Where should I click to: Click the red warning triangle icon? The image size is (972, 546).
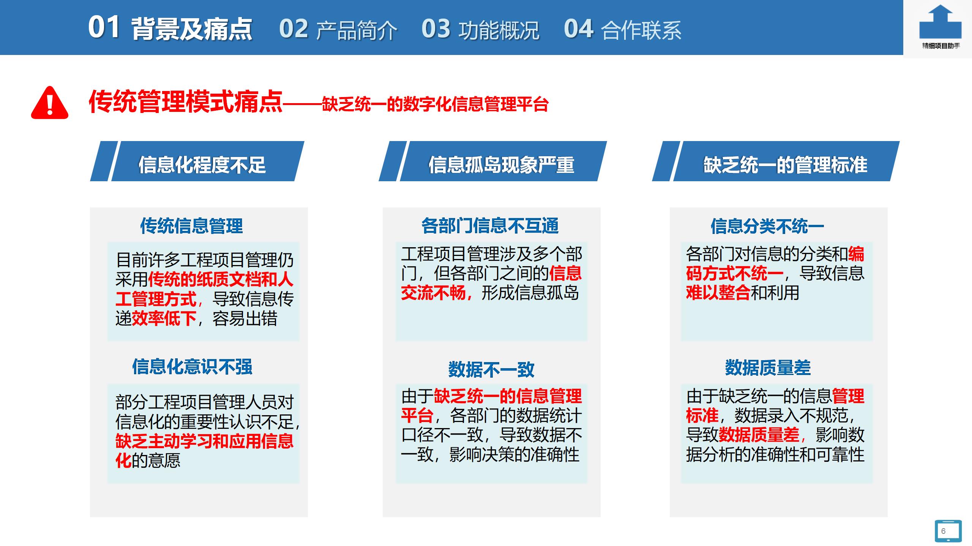pyautogui.click(x=50, y=103)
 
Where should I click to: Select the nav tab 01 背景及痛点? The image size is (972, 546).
pyautogui.click(x=170, y=28)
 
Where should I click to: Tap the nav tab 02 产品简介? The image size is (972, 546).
pyautogui.click(x=338, y=29)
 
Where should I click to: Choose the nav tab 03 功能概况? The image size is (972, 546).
pyautogui.click(x=480, y=29)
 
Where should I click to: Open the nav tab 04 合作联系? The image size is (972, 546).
pyautogui.click(x=623, y=29)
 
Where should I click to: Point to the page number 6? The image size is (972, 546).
pyautogui.click(x=944, y=531)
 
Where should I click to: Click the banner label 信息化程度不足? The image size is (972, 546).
pyautogui.click(x=202, y=165)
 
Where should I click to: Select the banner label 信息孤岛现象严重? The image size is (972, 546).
pyautogui.click(x=501, y=165)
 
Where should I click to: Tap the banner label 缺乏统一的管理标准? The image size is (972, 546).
pyautogui.click(x=785, y=165)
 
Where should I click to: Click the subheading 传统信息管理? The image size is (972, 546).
pyautogui.click(x=191, y=226)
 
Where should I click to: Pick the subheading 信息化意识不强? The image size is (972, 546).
pyautogui.click(x=192, y=367)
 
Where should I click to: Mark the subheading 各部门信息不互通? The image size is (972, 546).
pyautogui.click(x=490, y=226)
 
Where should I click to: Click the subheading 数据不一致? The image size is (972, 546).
pyautogui.click(x=491, y=369)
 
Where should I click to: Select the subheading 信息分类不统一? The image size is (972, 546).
pyautogui.click(x=767, y=226)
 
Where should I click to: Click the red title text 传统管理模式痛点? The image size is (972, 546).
pyautogui.click(x=186, y=102)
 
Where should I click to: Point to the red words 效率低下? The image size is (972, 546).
pyautogui.click(x=164, y=318)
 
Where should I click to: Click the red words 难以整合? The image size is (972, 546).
pyautogui.click(x=718, y=293)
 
